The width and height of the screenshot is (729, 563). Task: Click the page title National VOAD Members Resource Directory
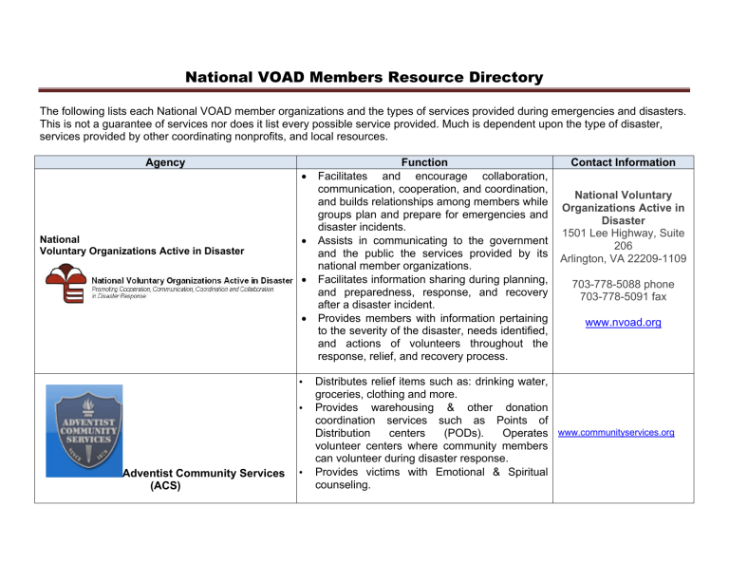(364, 76)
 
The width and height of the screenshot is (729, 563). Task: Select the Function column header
(423, 162)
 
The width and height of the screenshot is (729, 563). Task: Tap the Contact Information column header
(630, 162)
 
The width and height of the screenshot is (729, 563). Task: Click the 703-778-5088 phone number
(630, 283)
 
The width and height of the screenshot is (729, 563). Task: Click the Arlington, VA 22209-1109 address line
(630, 256)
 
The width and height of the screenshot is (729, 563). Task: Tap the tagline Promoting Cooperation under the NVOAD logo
(190, 289)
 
